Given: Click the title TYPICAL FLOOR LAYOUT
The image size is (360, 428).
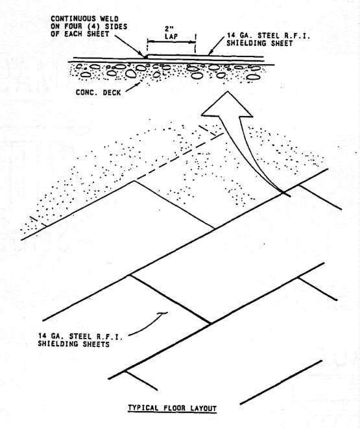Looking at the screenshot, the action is click(x=173, y=408).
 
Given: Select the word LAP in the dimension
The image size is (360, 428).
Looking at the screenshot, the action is click(x=171, y=36).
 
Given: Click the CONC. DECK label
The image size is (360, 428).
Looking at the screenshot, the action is click(x=98, y=93).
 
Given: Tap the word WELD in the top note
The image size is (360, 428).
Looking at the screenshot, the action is click(x=109, y=19).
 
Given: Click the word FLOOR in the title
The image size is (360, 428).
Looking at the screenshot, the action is click(x=174, y=408).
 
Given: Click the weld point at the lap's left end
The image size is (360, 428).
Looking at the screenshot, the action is click(x=146, y=56).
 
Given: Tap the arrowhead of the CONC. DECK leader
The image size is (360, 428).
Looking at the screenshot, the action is click(x=139, y=84).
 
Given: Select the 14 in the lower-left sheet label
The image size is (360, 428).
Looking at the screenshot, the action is click(x=42, y=337).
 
